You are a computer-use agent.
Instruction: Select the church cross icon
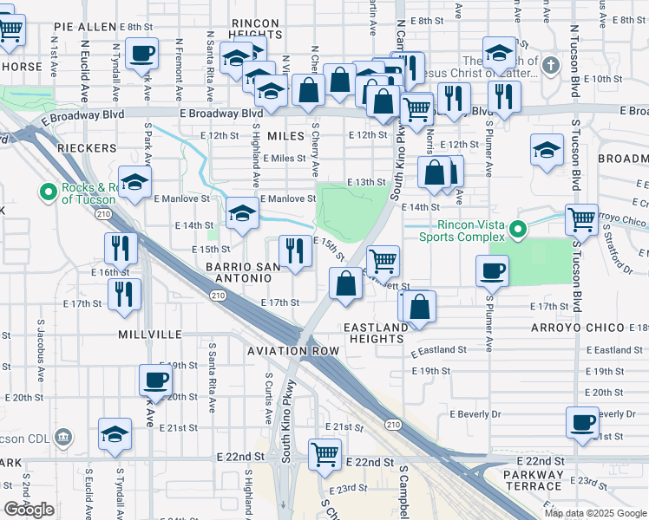coord(551,65)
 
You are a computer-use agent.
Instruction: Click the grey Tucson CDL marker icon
coord(62,436)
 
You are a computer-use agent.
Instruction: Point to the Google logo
coord(29,510)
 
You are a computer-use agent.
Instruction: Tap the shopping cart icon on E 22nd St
coord(324,452)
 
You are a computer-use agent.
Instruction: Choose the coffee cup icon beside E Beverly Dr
coord(581,422)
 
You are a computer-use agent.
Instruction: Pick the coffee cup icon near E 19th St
coord(156,379)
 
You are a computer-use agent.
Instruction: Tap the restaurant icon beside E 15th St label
coord(296,250)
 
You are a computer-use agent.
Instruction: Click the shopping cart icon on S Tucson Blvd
coord(580,219)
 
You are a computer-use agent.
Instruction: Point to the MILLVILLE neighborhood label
coord(150,334)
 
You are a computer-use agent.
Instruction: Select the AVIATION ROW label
coord(292,351)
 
